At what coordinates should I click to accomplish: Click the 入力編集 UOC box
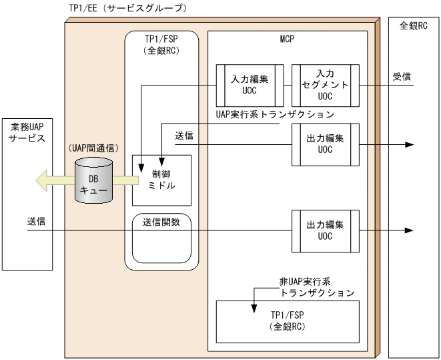tap(250, 85)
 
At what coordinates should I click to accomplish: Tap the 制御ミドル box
tap(162, 180)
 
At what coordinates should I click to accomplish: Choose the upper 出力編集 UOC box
tap(325, 144)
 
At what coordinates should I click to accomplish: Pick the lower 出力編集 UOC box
tap(325, 230)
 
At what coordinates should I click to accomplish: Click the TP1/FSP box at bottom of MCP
tap(288, 322)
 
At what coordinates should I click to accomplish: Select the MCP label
tap(287, 39)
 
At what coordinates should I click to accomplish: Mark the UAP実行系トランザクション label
tap(274, 114)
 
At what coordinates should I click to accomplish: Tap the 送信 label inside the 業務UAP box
tap(37, 221)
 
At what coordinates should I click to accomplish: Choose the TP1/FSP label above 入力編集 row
tap(161, 45)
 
